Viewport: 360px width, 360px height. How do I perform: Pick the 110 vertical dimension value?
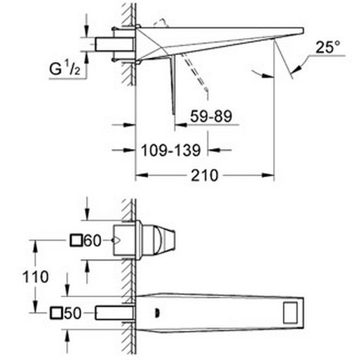[35, 277]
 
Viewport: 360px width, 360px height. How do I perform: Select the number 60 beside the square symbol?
[93, 241]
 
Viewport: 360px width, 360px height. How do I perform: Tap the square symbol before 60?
[78, 241]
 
